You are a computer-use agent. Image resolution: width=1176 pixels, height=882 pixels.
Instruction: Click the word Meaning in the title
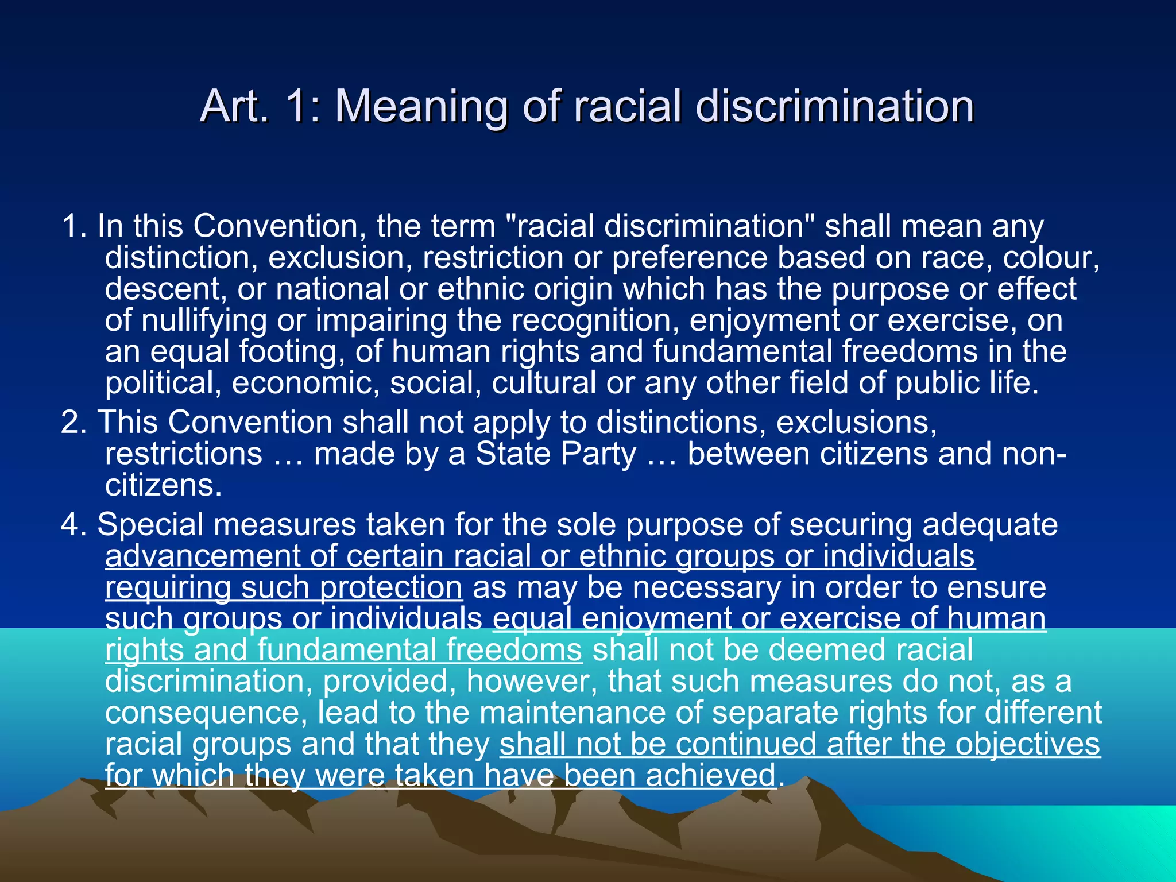click(422, 107)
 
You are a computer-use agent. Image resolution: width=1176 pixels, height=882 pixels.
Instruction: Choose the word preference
click(689, 258)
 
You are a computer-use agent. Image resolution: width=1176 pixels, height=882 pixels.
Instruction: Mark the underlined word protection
click(390, 588)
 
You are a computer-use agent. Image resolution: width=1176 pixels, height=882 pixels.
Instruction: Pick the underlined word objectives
click(1027, 744)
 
